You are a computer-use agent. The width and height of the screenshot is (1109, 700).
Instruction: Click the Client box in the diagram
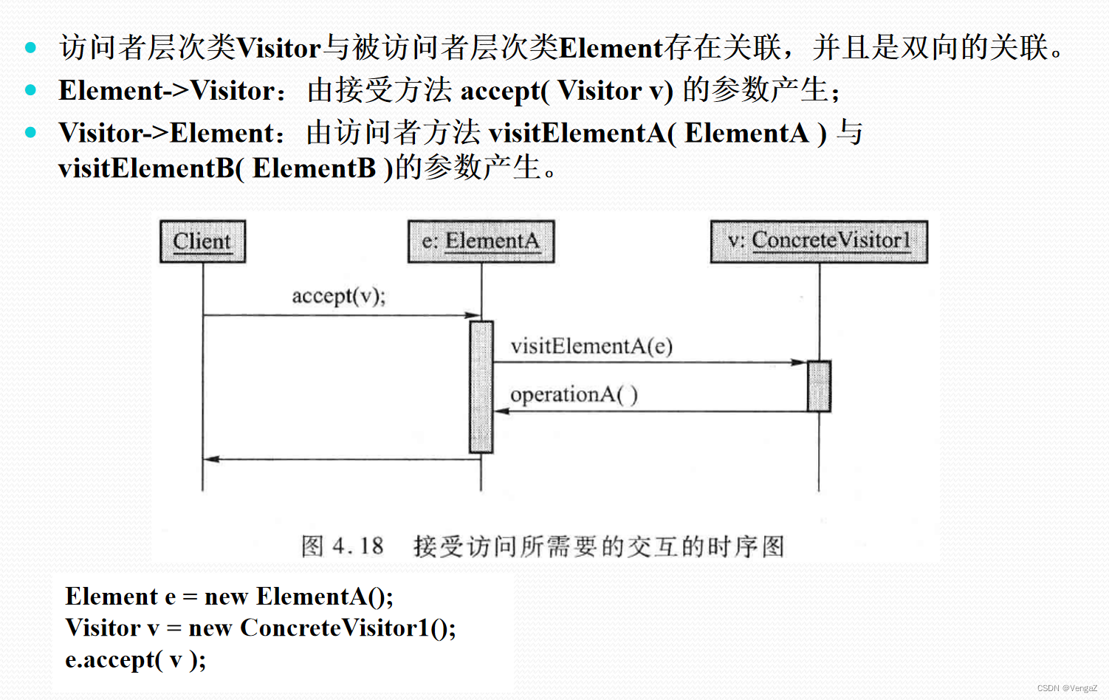tap(202, 241)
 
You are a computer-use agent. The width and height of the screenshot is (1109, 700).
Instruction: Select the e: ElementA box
tap(481, 241)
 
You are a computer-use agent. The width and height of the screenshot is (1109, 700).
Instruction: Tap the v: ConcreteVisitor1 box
tap(819, 241)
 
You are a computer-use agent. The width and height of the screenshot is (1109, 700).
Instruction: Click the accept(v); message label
tap(338, 296)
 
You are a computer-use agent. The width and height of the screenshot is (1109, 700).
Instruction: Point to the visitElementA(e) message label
tap(591, 346)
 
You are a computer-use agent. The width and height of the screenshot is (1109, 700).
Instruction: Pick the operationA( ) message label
tap(574, 395)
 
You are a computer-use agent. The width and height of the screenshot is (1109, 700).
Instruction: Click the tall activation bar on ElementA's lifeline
tap(481, 386)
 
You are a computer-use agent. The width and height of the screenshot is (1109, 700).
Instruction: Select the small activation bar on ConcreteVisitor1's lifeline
tap(819, 386)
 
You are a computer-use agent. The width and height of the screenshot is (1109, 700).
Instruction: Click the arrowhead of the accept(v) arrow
tap(473, 315)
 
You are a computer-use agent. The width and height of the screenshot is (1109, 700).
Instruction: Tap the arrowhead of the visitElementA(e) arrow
tap(800, 363)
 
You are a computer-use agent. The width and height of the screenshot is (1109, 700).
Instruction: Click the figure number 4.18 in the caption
tap(357, 546)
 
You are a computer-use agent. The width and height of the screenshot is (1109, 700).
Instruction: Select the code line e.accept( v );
tap(135, 659)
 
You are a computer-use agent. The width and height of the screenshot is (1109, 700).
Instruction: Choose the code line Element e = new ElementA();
tap(229, 596)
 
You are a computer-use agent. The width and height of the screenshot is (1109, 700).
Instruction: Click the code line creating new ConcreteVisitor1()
tap(260, 628)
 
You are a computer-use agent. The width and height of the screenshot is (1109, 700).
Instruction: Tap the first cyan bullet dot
tap(30, 48)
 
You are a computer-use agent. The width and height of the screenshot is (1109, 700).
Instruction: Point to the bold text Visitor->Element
tap(167, 133)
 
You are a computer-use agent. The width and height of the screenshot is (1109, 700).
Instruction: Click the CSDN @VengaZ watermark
tap(1067, 688)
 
